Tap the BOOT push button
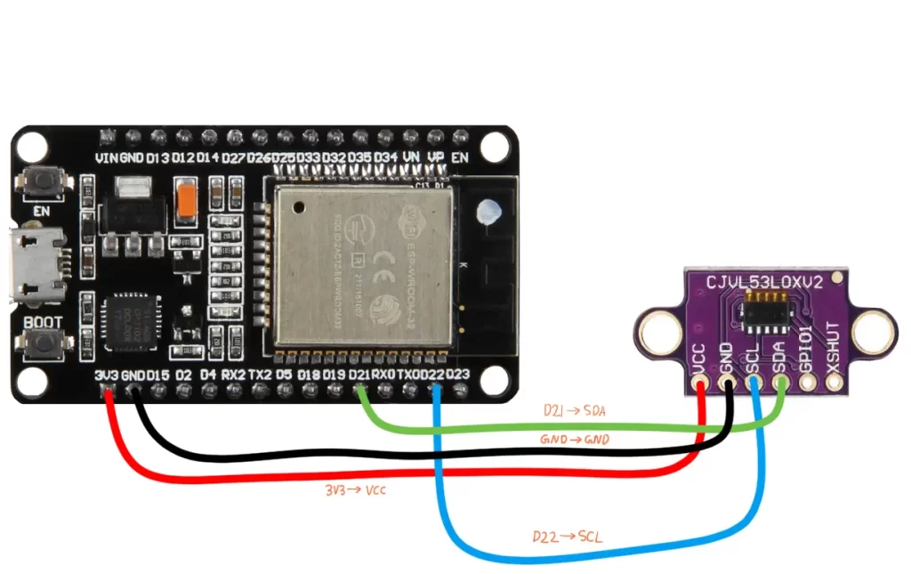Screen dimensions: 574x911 tap(39, 344)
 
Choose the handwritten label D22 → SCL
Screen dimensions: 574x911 tap(565, 537)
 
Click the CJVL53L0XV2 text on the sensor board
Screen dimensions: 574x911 tap(771, 283)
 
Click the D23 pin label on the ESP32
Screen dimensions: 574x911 tap(458, 375)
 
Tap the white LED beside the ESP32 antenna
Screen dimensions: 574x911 tap(488, 214)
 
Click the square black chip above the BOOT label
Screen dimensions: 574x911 tap(128, 317)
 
